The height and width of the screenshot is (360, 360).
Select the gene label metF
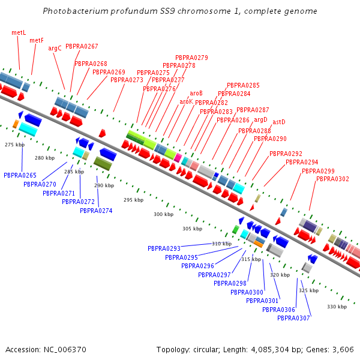pos(37,40)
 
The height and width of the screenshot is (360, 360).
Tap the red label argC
pos(55,48)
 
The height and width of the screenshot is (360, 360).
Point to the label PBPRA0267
pos(82,46)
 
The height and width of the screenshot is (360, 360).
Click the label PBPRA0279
pos(191,58)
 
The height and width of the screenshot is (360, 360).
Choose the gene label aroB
pos(196,93)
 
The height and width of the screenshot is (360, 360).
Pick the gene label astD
pos(279,122)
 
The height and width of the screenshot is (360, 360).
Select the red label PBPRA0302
pos(332,179)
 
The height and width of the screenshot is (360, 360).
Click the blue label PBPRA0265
pos(20,175)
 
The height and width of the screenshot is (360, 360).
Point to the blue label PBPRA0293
pos(164,248)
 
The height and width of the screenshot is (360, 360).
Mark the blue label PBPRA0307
pos(293,318)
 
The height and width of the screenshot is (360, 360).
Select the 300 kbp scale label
pos(163,214)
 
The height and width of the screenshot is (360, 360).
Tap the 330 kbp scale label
pos(337,307)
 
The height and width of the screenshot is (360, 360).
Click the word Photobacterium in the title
pos(74,11)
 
